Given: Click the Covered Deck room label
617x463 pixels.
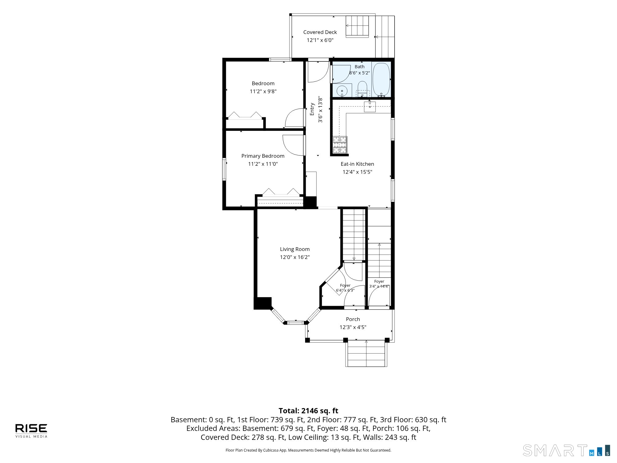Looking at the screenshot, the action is pos(320,32).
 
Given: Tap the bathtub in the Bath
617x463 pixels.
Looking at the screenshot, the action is pos(382,79).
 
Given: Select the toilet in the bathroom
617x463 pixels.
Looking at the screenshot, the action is pos(362,89).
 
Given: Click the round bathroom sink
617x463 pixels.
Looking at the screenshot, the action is pos(342,91).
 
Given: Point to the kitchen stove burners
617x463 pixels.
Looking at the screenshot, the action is pos(340,145).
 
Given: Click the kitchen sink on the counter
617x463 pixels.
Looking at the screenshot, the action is pos(370,106).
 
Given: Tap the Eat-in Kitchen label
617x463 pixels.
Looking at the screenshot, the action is pos(357,164).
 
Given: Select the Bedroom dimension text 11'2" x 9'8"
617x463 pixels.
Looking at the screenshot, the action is pos(263,91).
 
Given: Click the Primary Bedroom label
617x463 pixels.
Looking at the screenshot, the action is pos(263,156).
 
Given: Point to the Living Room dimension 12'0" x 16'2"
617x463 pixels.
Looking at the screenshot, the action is pos(295,257).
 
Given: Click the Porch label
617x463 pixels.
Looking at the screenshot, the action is pos(353,319).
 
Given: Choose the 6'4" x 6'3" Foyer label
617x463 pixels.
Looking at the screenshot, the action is pos(345,288).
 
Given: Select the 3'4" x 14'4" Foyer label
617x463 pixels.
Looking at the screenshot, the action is pos(379,284).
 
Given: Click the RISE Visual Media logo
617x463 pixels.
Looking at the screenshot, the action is pos(31,431).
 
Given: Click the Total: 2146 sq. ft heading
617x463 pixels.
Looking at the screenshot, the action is pos(308,411).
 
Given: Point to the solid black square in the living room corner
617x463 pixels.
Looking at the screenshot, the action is pos(263,303).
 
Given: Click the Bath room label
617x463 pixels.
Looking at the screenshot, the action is pos(359,67).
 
